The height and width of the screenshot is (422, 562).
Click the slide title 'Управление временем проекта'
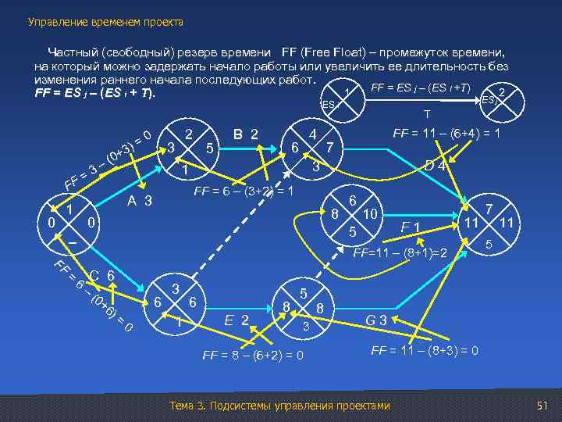105,23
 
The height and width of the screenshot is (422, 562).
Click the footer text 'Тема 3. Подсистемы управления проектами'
279,406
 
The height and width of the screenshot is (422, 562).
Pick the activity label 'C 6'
101,275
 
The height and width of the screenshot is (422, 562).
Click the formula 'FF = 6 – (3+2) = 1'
243,191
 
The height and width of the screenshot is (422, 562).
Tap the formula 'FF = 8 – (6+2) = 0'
253,356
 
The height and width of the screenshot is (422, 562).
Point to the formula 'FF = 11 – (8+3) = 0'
425,349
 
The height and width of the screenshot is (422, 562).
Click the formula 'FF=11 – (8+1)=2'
400,254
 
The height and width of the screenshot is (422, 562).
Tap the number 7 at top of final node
489,210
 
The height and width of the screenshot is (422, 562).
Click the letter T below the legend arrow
426,113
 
